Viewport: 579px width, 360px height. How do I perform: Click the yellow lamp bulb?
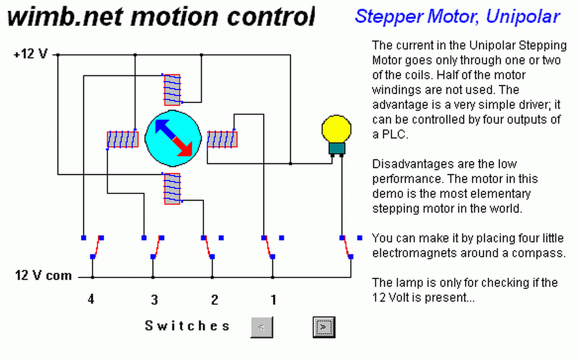click(337, 128)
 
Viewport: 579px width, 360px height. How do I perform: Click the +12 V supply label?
click(30, 55)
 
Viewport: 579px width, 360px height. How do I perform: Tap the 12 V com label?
click(43, 275)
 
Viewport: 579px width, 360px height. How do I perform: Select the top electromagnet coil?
click(172, 89)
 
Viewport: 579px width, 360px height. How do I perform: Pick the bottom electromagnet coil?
click(172, 189)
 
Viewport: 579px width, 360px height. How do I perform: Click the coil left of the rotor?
click(123, 139)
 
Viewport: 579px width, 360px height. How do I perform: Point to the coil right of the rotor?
click(222, 139)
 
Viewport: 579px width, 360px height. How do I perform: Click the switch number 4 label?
click(91, 299)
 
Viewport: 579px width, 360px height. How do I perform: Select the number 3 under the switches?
click(154, 299)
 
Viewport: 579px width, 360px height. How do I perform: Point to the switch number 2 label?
click(214, 299)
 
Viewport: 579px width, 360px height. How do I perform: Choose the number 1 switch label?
click(273, 299)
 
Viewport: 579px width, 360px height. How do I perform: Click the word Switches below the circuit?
click(187, 326)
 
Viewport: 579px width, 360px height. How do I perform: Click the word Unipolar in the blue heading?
click(523, 16)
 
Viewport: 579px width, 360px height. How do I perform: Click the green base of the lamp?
click(337, 148)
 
